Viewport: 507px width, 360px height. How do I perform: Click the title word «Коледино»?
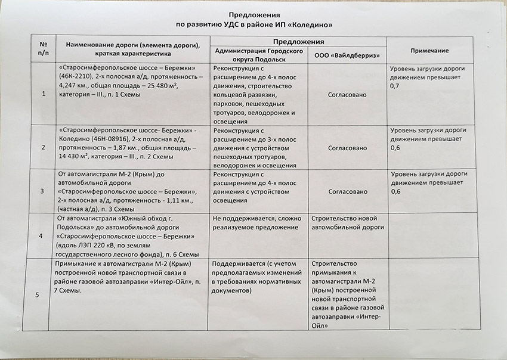[x=310, y=25]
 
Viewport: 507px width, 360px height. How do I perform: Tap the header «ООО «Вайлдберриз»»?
[x=347, y=55]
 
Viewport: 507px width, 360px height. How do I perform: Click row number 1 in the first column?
[x=44, y=94]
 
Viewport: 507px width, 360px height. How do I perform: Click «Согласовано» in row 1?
[x=348, y=95]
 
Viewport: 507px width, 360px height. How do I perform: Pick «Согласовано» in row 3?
[x=348, y=192]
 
